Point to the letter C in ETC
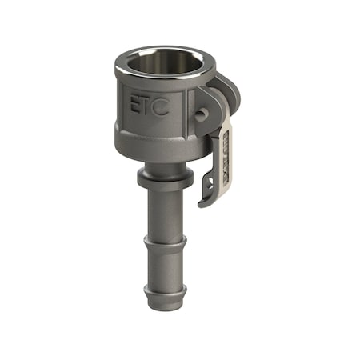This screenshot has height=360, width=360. click(161, 106)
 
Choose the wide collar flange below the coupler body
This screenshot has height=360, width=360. click(163, 178)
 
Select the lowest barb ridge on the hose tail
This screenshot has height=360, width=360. click(165, 288)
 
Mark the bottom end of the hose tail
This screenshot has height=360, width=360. click(165, 302)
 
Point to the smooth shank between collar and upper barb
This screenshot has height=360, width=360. click(164, 212)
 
